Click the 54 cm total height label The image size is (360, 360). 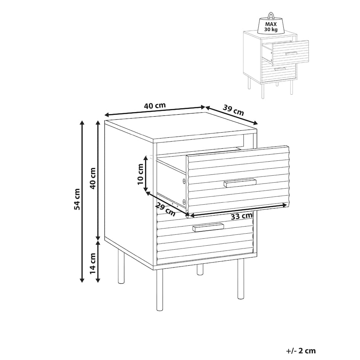pyautogui.click(x=77, y=199)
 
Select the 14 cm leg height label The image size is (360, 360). pyautogui.click(x=92, y=263)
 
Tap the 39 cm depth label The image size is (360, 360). pyautogui.click(x=233, y=110)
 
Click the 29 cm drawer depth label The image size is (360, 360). pyautogui.click(x=165, y=210)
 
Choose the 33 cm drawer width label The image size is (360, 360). pyautogui.click(x=241, y=216)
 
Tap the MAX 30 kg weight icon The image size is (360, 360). pyautogui.click(x=271, y=23)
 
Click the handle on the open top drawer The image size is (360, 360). pyautogui.click(x=240, y=183)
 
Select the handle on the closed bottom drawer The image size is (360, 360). pyautogui.click(x=208, y=227)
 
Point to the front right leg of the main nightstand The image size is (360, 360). pyautogui.click(x=241, y=279)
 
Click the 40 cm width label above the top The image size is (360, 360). pyautogui.click(x=155, y=106)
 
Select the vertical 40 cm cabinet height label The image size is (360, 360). pyautogui.click(x=92, y=178)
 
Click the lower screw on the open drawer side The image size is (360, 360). pyautogui.click(x=184, y=202)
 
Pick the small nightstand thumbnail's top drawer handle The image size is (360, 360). pyautogui.click(x=292, y=54)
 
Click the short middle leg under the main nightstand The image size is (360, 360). pyautogui.click(x=200, y=269)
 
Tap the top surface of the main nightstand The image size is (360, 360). pyautogui.click(x=181, y=126)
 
